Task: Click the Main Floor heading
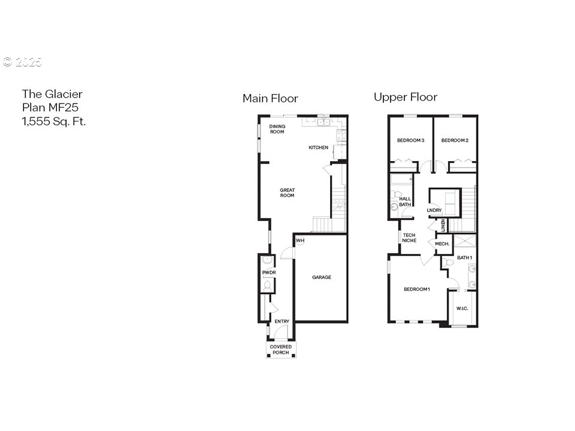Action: [270, 99]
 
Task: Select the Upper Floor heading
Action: [405, 97]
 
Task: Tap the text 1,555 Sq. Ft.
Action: [54, 122]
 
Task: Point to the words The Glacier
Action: [52, 94]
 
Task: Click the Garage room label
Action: [321, 277]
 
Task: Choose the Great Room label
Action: [287, 193]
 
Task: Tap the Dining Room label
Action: [277, 129]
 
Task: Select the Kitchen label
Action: [318, 148]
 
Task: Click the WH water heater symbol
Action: [301, 241]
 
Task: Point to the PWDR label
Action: [268, 274]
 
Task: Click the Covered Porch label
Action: [280, 350]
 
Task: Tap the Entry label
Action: [282, 322]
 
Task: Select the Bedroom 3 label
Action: [410, 141]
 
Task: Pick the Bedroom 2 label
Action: [455, 141]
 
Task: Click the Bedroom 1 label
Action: [417, 290]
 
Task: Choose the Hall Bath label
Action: [405, 202]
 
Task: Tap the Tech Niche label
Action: [409, 238]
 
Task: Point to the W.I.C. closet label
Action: [462, 309]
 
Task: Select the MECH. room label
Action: [442, 244]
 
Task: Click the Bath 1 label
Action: [465, 258]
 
